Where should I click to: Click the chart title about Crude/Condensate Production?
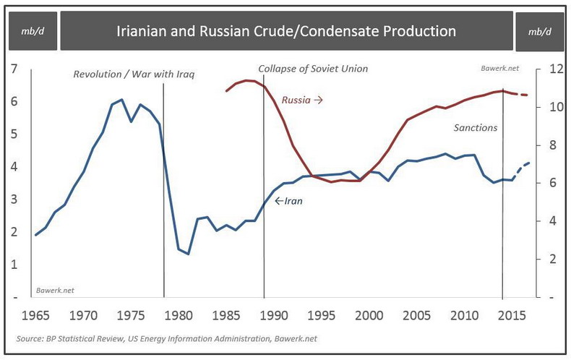coord(286,31)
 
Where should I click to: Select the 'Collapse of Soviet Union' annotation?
coord(313,69)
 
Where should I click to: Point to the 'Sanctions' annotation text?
coord(476,127)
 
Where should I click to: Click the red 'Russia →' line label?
coord(301,99)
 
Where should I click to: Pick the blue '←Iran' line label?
coord(288,200)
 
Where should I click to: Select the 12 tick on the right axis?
coord(555,69)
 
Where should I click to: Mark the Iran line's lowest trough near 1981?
coord(188,254)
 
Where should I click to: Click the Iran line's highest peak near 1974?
coord(121,99)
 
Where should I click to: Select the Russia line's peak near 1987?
coord(246,80)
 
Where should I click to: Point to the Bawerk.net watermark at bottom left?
coord(55,290)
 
